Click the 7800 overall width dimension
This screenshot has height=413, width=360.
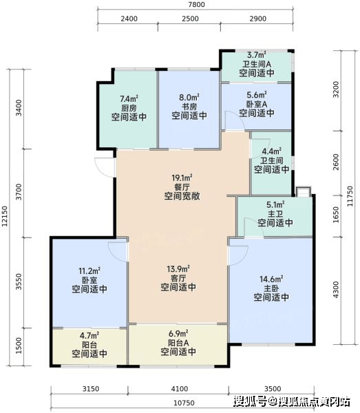click(x=197, y=4)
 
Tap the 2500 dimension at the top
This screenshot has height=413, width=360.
click(x=190, y=19)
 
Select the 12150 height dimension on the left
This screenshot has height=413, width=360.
click(x=5, y=217)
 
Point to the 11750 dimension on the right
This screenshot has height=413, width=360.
click(x=350, y=196)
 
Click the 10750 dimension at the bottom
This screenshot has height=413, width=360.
click(x=184, y=403)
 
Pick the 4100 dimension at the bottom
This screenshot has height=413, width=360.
click(x=180, y=389)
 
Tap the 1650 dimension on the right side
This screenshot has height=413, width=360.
click(x=336, y=215)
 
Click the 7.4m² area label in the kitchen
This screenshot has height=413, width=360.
click(x=129, y=98)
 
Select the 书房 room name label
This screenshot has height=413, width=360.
click(x=189, y=107)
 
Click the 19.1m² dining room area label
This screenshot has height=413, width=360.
click(x=182, y=178)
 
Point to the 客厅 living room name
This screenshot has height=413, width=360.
click(x=178, y=278)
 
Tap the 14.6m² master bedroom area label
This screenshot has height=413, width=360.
click(x=271, y=279)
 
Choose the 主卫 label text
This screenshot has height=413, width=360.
click(x=275, y=213)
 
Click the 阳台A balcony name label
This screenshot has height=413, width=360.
click(x=178, y=343)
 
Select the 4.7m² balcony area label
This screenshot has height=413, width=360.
click(x=89, y=336)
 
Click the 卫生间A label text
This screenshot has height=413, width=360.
click(x=257, y=64)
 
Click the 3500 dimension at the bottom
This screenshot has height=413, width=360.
click(x=273, y=389)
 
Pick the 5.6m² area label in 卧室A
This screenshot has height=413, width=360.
click(x=257, y=95)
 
